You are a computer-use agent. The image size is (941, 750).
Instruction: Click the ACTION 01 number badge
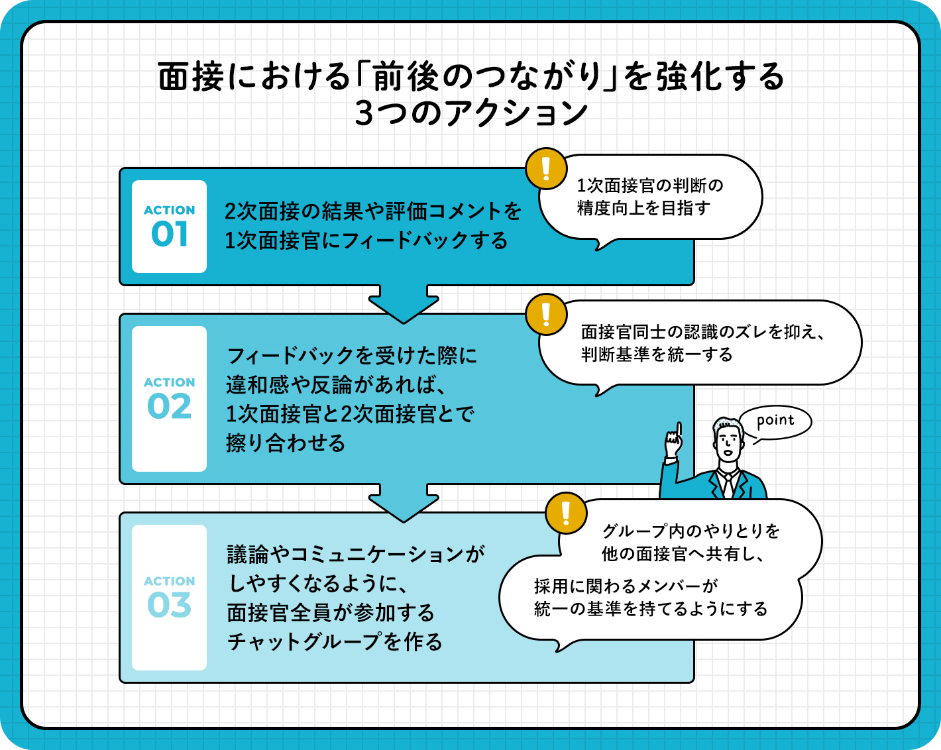[x=169, y=227]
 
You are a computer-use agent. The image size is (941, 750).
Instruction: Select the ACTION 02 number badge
[x=169, y=399]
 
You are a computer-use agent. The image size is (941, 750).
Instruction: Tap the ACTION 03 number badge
[x=169, y=598]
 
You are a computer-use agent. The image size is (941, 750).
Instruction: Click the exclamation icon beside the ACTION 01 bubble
[x=546, y=168]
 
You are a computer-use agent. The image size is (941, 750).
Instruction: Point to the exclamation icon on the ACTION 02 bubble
[x=546, y=314]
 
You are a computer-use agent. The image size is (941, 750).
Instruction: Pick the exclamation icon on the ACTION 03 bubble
[x=566, y=513]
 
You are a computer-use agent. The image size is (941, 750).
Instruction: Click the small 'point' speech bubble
[x=775, y=421]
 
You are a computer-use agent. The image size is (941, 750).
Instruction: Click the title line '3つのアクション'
[x=471, y=113]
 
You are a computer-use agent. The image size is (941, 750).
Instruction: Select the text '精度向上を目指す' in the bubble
[x=643, y=208]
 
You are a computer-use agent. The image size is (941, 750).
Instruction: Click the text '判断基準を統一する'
[x=657, y=354]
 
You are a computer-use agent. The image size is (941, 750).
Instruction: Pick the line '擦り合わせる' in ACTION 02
[x=286, y=443]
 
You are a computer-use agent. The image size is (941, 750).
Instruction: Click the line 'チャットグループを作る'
[x=335, y=641]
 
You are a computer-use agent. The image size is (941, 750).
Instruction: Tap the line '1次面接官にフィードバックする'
[x=366, y=240]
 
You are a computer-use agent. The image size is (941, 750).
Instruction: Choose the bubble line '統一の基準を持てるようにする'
[x=651, y=608]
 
